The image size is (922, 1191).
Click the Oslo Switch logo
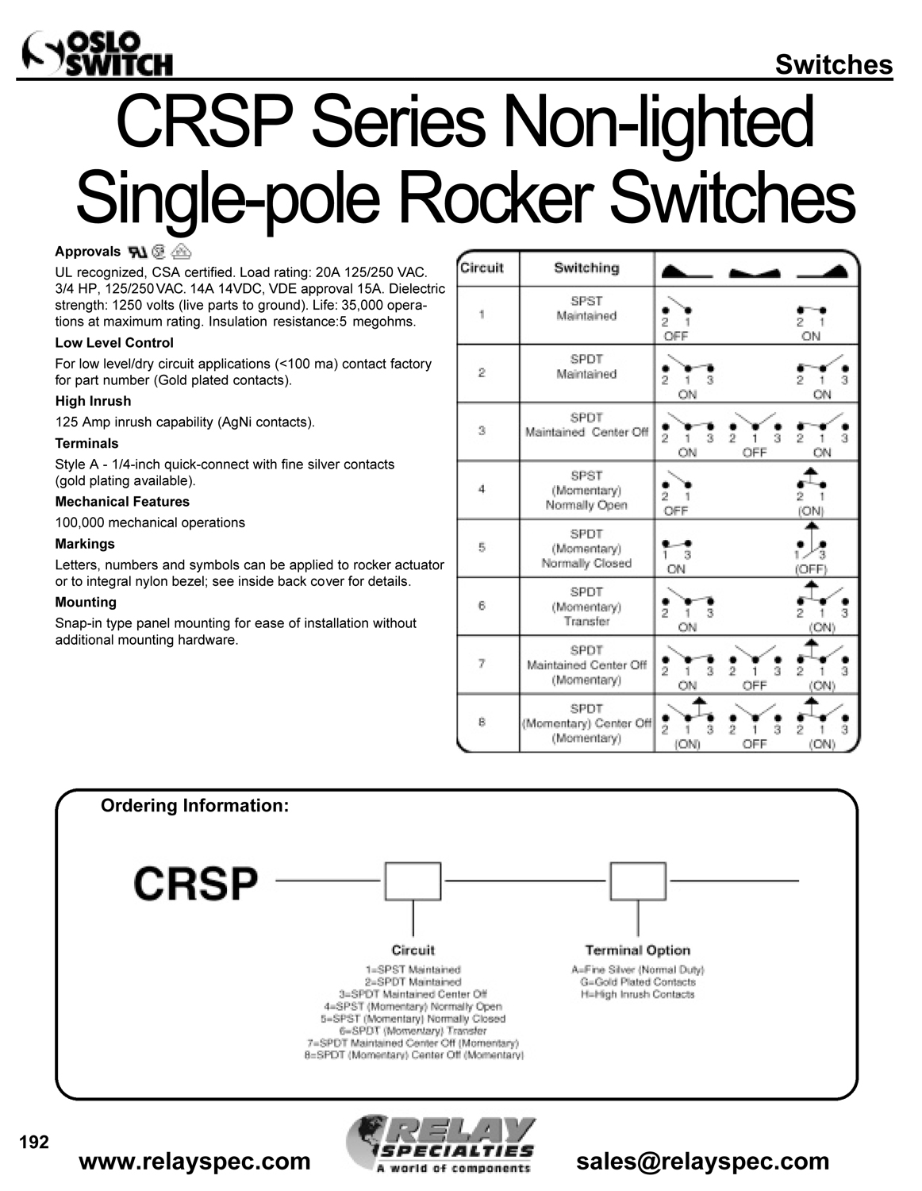point(98,54)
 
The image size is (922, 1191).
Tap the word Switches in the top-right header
point(833,64)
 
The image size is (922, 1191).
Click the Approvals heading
point(87,252)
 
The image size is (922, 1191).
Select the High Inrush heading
point(93,401)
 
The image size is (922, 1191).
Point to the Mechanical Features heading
point(122,502)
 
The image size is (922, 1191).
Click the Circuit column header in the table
point(482,268)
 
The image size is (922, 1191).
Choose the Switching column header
point(586,268)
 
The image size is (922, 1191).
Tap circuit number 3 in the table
point(482,431)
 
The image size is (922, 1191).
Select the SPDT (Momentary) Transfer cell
point(586,606)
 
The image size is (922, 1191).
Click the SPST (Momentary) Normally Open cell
point(586,490)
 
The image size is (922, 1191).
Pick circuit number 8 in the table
point(482,722)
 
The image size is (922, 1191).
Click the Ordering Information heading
point(194,806)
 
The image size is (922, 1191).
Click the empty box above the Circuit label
point(413,881)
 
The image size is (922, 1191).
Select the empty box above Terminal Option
point(638,881)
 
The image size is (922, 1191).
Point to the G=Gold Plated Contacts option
point(638,981)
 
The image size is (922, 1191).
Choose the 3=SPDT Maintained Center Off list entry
point(413,993)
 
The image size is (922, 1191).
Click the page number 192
point(34,1143)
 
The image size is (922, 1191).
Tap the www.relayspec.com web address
point(195,1162)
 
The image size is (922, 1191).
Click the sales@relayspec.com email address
point(702,1162)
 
